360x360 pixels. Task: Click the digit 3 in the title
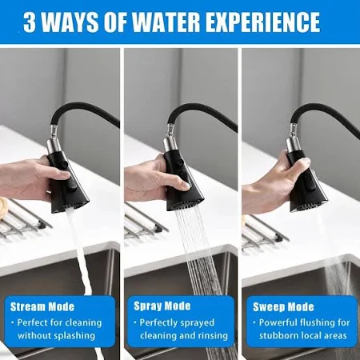click(x=30, y=22)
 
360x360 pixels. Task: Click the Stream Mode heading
click(x=42, y=306)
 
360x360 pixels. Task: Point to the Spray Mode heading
click(x=162, y=306)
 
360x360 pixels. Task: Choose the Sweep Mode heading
click(x=283, y=307)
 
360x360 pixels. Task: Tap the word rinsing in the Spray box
click(x=213, y=336)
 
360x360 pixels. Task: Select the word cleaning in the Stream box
click(x=84, y=322)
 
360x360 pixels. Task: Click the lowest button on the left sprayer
click(x=71, y=186)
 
